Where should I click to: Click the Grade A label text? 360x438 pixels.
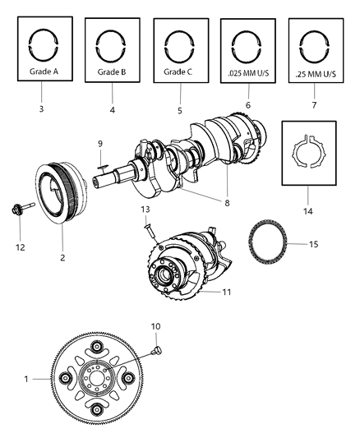44,71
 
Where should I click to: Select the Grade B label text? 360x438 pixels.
111,71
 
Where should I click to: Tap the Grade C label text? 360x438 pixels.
178,71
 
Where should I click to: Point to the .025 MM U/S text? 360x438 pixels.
247,71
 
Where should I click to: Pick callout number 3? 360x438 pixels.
44,108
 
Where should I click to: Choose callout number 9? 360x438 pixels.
99,145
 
